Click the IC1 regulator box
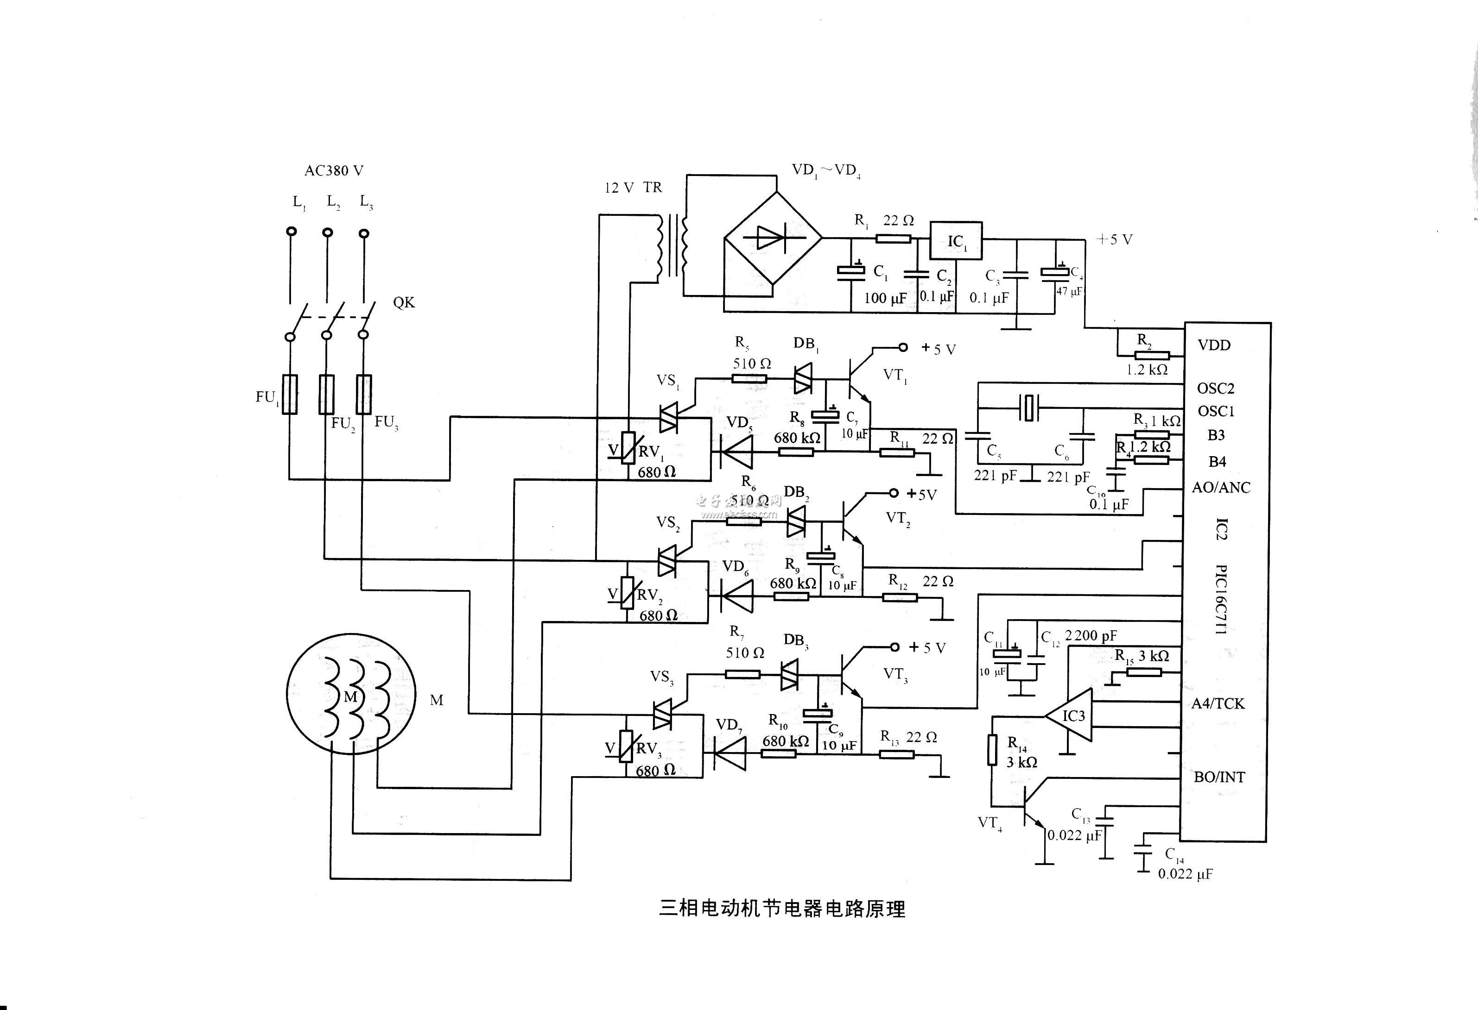pos(956,240)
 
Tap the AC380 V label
pos(334,170)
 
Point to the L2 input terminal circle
pos(328,232)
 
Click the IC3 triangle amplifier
pos(1071,716)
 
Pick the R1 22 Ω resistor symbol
pos(894,239)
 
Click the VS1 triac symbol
pos(668,418)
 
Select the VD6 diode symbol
pos(737,596)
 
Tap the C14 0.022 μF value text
pos(1185,874)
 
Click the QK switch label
pos(404,302)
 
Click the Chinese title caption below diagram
pos(781,909)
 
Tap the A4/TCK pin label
pos(1218,703)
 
